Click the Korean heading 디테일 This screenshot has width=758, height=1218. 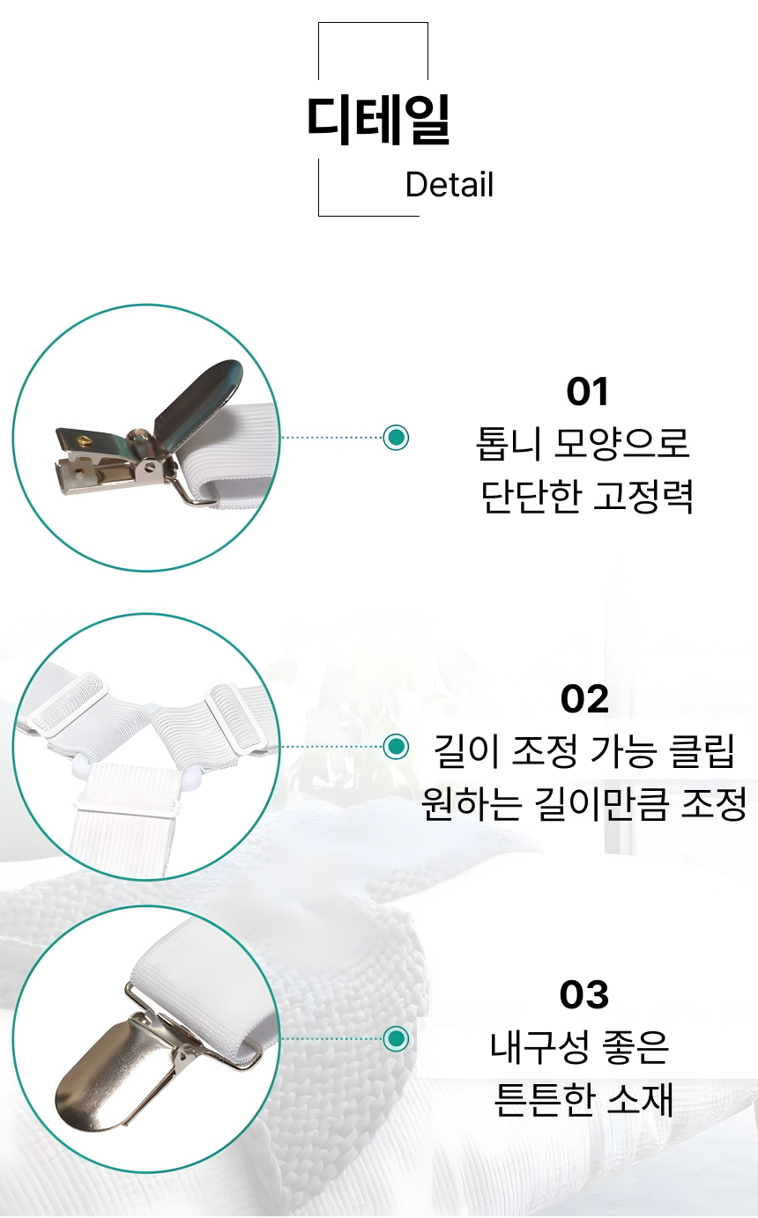point(379,120)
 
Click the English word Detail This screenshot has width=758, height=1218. point(450,184)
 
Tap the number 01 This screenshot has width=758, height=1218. point(587,392)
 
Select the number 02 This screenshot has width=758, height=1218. point(584,699)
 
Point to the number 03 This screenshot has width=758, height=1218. point(583,995)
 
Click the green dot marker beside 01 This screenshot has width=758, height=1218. point(396,437)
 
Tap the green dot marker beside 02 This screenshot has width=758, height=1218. point(396,747)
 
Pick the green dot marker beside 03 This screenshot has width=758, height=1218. point(396,1038)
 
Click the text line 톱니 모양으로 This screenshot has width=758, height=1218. point(583,444)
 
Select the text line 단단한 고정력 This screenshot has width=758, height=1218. point(587,497)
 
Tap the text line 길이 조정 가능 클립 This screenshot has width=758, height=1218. point(583,751)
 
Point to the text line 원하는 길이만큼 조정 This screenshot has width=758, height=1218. point(583,804)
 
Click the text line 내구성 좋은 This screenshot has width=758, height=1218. point(580,1047)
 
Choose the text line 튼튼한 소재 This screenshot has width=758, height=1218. point(583,1099)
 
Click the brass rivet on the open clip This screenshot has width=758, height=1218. point(84,439)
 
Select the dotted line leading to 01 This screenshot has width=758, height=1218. point(332,437)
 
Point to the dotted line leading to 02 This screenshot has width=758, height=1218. point(332,747)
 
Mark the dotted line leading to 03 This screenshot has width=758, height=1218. point(332,1038)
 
